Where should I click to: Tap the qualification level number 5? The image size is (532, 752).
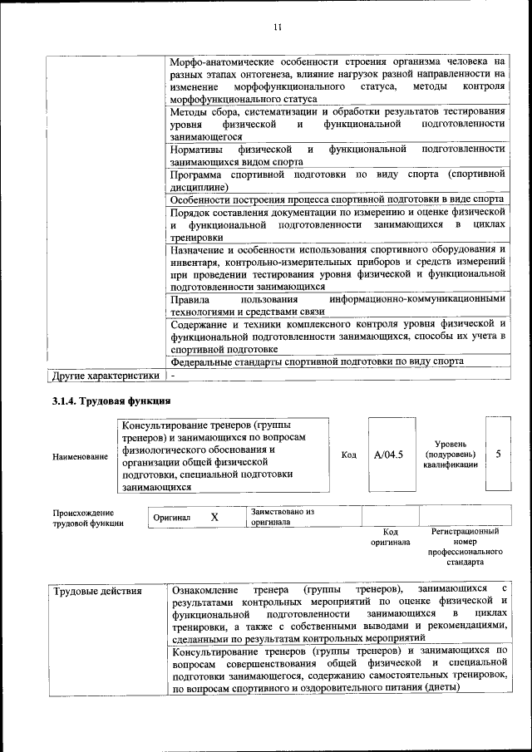498,455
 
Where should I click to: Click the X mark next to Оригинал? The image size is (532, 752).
214,517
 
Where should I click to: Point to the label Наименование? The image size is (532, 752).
80,456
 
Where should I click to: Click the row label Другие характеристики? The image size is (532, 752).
106,376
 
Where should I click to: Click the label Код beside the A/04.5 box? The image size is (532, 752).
349,455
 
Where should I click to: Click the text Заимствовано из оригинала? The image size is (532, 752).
282,517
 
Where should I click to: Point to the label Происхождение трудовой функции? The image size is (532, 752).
83,518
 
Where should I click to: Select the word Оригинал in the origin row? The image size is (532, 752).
172,518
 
